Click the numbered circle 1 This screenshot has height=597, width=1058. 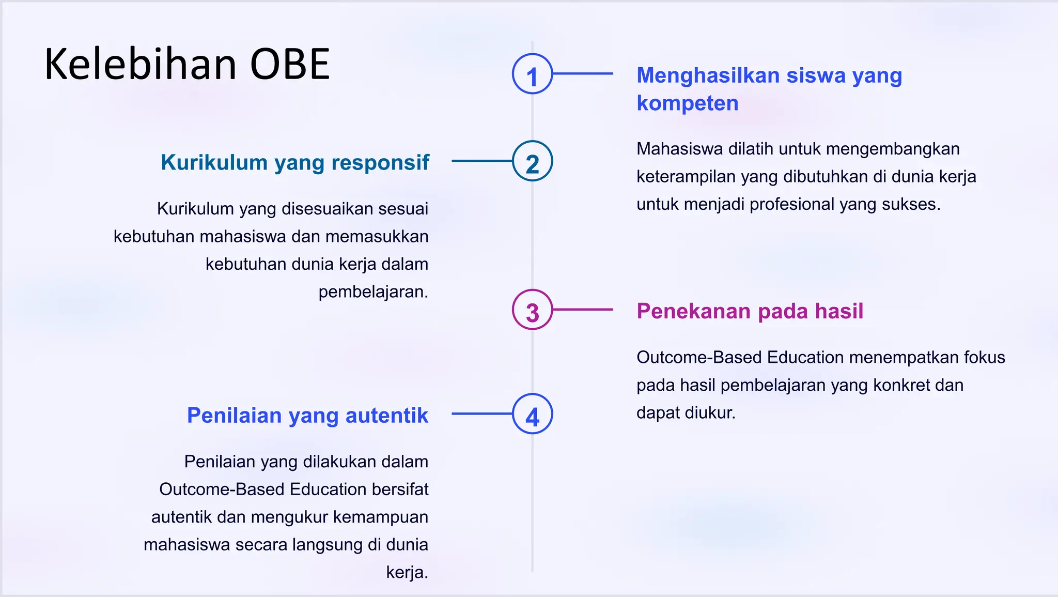[x=532, y=74]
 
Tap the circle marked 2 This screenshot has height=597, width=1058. [x=532, y=161]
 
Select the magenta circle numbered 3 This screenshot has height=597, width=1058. [x=532, y=310]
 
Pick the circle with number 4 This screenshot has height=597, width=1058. [x=532, y=414]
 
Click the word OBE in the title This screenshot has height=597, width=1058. [x=290, y=64]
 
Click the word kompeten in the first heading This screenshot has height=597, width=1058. [x=687, y=103]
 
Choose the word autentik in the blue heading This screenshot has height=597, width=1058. [x=386, y=416]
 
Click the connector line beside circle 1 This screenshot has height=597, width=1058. [x=583, y=74]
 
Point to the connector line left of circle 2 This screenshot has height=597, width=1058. [x=481, y=161]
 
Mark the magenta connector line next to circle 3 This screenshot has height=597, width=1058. [x=583, y=310]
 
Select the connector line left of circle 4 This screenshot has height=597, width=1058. [x=481, y=414]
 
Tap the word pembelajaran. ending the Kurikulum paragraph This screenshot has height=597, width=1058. [x=373, y=292]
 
